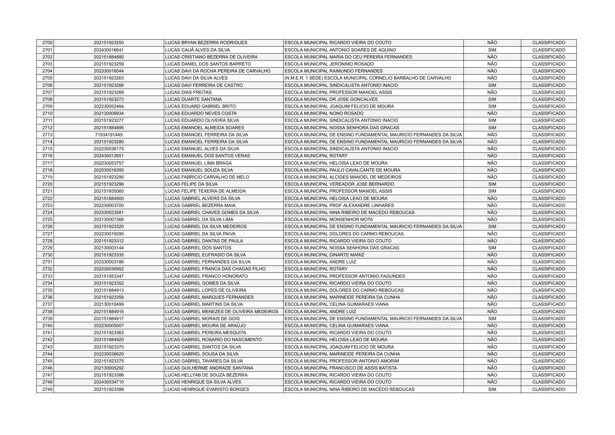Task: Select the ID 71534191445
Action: [x=109, y=135]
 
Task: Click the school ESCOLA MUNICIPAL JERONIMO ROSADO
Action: [x=329, y=64]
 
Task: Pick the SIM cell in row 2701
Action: [x=492, y=50]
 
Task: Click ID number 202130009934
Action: [x=109, y=113]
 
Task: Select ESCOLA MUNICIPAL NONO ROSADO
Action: [x=324, y=113]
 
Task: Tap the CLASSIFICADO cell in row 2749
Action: [x=548, y=389]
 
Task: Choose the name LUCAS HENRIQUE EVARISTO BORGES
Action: [x=207, y=389]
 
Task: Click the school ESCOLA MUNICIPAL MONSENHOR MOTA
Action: [x=329, y=220]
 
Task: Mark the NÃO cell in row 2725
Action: [x=492, y=220]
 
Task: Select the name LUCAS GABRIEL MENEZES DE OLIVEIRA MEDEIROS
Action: [x=222, y=312]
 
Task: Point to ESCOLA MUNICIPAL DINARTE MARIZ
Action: [x=324, y=255]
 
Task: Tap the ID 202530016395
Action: [x=109, y=170]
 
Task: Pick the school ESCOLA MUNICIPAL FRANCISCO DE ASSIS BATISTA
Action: [x=341, y=368]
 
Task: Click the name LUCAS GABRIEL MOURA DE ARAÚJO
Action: [x=205, y=326]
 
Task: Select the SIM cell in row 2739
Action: [x=492, y=319]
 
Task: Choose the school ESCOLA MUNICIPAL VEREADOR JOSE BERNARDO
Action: [x=339, y=184]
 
